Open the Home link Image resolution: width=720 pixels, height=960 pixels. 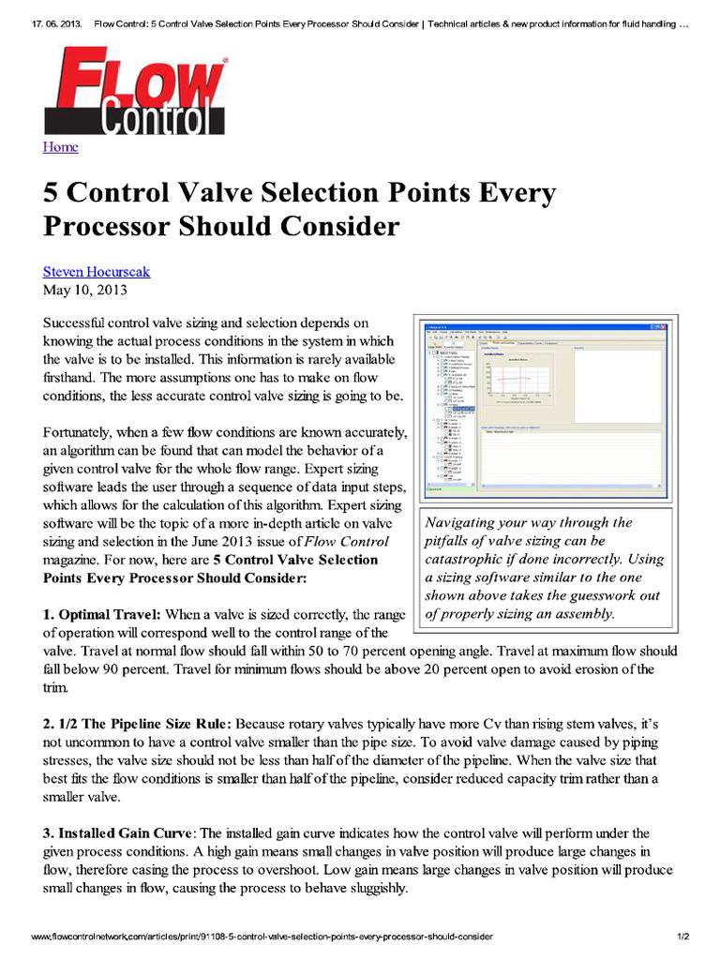60,147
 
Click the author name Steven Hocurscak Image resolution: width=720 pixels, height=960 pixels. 96,272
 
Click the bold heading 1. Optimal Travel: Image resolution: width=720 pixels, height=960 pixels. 102,614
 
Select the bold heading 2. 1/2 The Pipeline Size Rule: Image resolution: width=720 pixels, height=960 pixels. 138,724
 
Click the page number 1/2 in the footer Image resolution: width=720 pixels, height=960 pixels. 683,937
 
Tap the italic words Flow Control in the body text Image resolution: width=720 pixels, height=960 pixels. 347,542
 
